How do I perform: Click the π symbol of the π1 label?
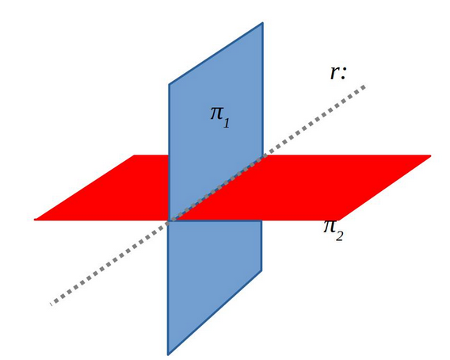[x=217, y=113]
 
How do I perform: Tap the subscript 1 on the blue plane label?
[x=226, y=123]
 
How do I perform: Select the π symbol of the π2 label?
[x=329, y=227]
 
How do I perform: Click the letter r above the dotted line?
[x=334, y=73]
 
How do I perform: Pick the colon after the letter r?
[x=344, y=74]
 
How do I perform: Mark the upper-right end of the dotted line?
[x=364, y=86]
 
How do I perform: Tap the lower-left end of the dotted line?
[x=52, y=304]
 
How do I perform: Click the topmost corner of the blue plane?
[x=262, y=23]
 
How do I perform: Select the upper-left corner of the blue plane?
[x=169, y=85]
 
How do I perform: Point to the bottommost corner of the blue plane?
[x=168, y=354]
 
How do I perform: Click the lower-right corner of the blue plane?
[x=261, y=270]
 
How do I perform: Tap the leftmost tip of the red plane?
[x=35, y=220]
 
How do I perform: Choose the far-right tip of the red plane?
[x=430, y=155]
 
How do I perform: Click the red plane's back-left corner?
[x=135, y=155]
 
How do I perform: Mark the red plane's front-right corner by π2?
[x=339, y=220]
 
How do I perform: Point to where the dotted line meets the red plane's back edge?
[x=265, y=155]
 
